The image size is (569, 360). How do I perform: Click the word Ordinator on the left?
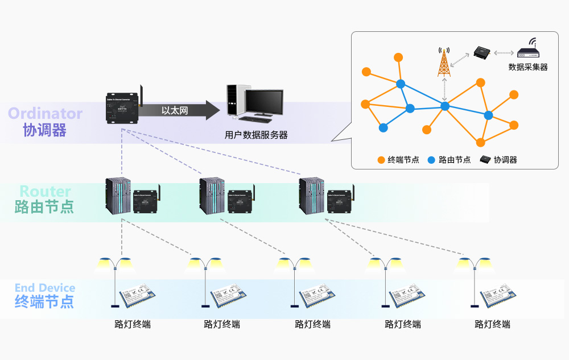pos(45,114)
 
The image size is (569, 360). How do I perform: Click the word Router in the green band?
pos(45,191)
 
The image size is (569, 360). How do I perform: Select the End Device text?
pos(45,288)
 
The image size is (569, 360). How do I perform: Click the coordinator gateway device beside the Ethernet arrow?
pos(122,107)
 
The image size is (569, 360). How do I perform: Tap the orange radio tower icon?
pos(444,63)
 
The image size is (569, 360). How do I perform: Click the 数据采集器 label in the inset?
pos(527,67)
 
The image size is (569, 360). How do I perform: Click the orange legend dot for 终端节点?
pos(381,160)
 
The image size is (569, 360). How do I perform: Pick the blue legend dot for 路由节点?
pos(432,160)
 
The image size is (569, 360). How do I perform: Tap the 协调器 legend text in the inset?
pos(505,160)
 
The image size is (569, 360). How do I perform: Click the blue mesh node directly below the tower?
pos(445,106)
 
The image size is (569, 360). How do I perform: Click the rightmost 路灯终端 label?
pos(493,325)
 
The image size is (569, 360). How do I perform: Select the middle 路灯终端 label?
pos(312,325)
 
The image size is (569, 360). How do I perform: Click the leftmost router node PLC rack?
pos(118,196)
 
